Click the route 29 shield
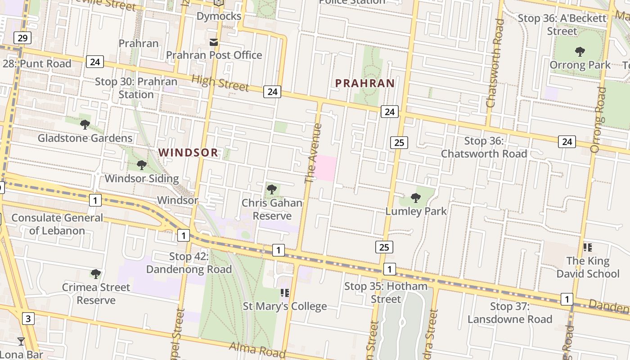pyautogui.click(x=22, y=38)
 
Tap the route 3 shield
pyautogui.click(x=28, y=319)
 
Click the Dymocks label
pyautogui.click(x=219, y=16)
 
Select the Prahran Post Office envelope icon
pyautogui.click(x=214, y=42)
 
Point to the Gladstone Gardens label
pyautogui.click(x=85, y=138)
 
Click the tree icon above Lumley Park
pyautogui.click(x=416, y=198)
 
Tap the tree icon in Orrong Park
pyautogui.click(x=580, y=52)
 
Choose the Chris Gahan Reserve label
pyautogui.click(x=272, y=209)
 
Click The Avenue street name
pyautogui.click(x=314, y=153)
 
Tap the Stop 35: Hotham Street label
pyautogui.click(x=386, y=292)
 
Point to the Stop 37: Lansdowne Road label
pyautogui.click(x=510, y=313)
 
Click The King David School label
pyautogui.click(x=588, y=267)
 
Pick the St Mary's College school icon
pyautogui.click(x=284, y=293)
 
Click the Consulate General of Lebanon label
pyautogui.click(x=57, y=224)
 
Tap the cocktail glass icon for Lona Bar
pyautogui.click(x=21, y=342)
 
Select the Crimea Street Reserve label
pyautogui.click(x=96, y=293)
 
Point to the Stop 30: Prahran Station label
pyautogui.click(x=136, y=88)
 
